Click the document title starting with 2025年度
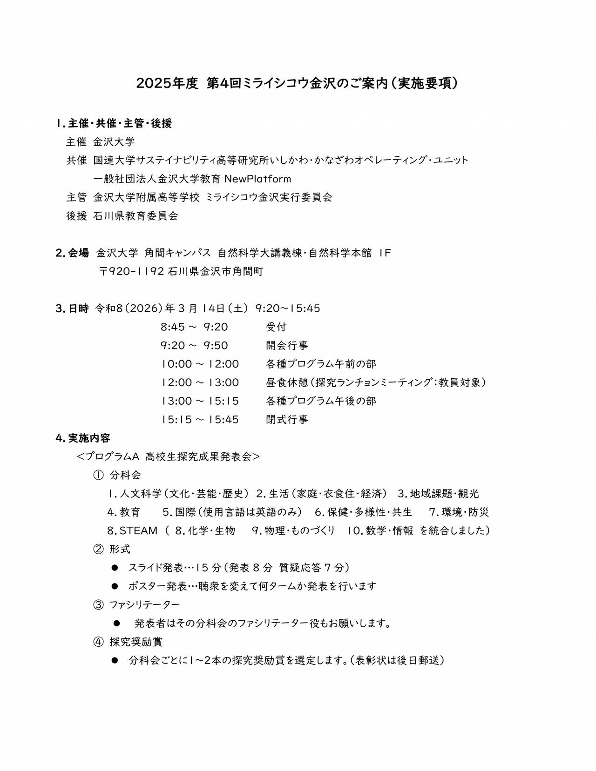298,83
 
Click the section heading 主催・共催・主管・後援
120,123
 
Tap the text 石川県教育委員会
135,216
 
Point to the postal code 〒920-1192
131,271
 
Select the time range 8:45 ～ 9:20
194,327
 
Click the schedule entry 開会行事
287,346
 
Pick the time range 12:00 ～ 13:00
200,382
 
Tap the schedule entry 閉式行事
287,420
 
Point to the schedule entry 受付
276,327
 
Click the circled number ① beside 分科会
98,475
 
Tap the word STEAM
138,530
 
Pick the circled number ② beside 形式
98,549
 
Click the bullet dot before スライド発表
115,568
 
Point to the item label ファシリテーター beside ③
144,604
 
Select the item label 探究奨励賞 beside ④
136,642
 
